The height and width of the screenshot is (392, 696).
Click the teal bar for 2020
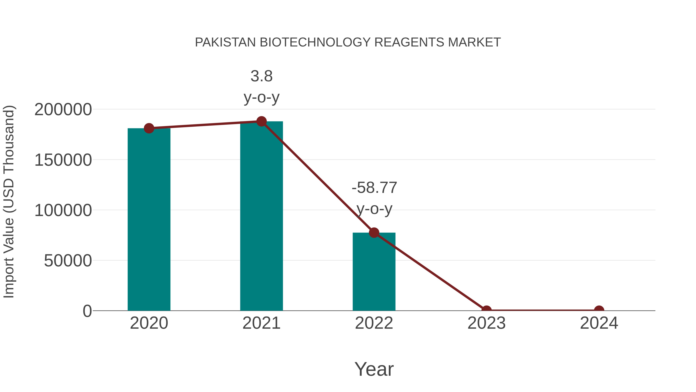[149, 219]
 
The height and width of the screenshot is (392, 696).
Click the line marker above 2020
[149, 128]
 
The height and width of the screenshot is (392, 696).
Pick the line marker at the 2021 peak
[261, 121]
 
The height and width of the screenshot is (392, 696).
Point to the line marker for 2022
[374, 232]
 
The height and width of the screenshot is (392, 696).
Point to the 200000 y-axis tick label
[63, 110]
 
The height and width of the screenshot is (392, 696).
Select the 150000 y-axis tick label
[63, 160]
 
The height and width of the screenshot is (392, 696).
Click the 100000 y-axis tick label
[63, 210]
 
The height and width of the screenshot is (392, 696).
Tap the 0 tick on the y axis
[87, 311]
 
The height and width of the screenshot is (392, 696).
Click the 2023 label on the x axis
[486, 323]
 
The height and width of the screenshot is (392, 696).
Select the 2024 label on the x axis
[599, 323]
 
